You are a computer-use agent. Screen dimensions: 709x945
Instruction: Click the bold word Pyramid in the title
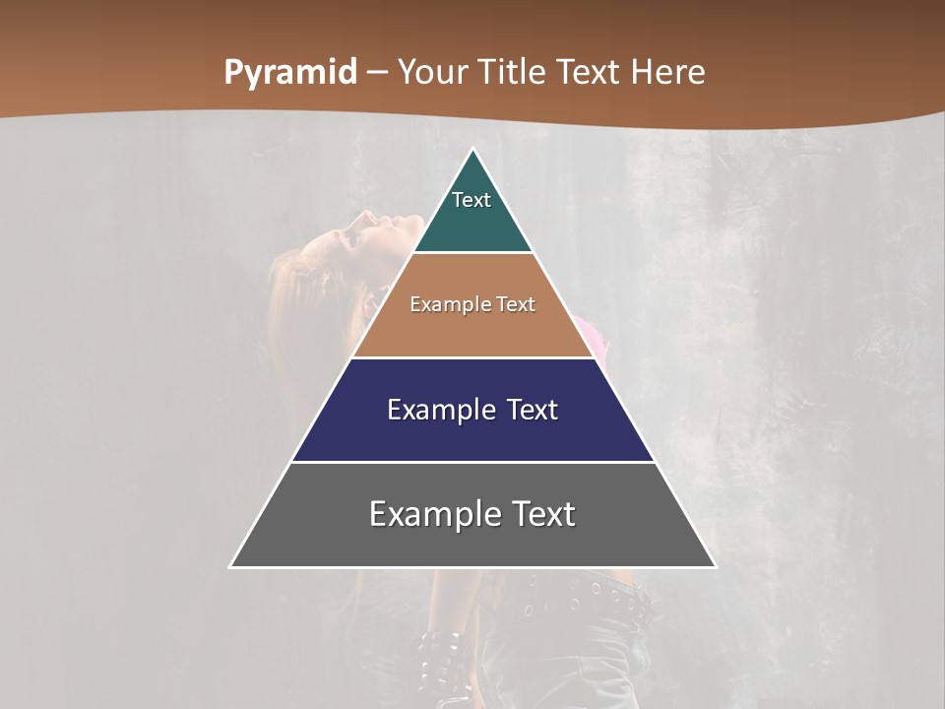click(x=289, y=73)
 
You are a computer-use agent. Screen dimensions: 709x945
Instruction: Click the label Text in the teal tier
click(x=472, y=200)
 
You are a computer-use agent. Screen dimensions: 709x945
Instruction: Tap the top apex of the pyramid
click(x=473, y=150)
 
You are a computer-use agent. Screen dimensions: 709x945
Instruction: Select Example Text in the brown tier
click(x=472, y=304)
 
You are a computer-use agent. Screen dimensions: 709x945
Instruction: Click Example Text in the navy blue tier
click(x=472, y=410)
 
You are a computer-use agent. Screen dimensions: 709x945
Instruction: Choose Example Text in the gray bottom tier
click(x=472, y=514)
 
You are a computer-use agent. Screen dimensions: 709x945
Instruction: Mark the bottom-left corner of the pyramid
click(x=231, y=566)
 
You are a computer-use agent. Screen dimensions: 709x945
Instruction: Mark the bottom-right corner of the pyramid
click(x=715, y=566)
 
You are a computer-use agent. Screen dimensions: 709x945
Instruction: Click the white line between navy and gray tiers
click(x=472, y=462)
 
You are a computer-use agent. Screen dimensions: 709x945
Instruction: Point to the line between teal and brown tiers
click(x=472, y=253)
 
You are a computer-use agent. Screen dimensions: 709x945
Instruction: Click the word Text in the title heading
click(x=589, y=73)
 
